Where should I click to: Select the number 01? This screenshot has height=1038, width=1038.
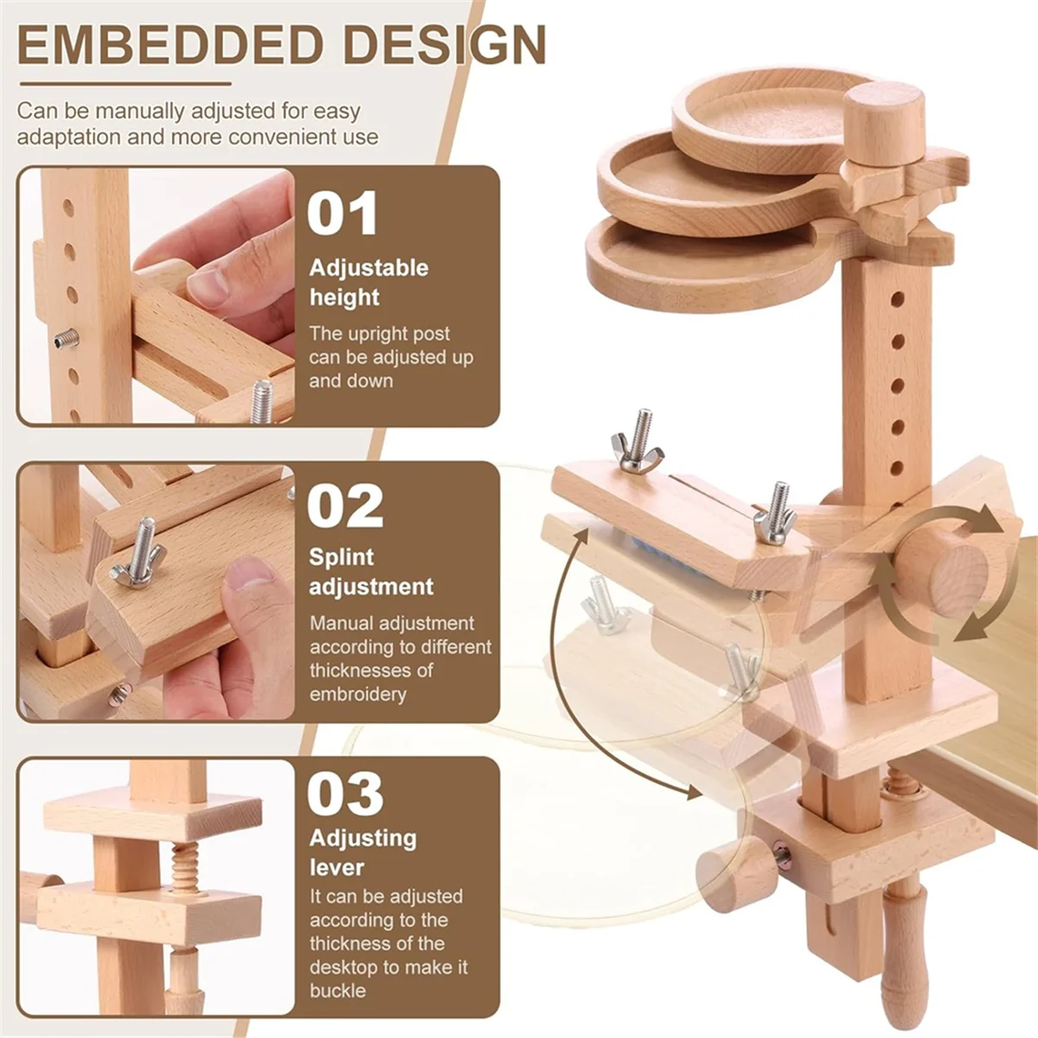coord(343,214)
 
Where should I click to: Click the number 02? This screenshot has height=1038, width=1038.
coord(345,506)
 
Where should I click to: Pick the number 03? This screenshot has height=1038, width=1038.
coord(345,794)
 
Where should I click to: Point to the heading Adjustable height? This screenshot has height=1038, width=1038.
coord(368,282)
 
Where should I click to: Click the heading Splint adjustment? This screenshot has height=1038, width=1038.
coord(371,572)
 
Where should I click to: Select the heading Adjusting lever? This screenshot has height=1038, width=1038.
coord(362,852)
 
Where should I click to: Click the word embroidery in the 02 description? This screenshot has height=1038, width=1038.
coord(358,694)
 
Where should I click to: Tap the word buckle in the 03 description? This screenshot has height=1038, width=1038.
coord(337,990)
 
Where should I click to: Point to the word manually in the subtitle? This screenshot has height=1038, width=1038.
coord(139,112)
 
